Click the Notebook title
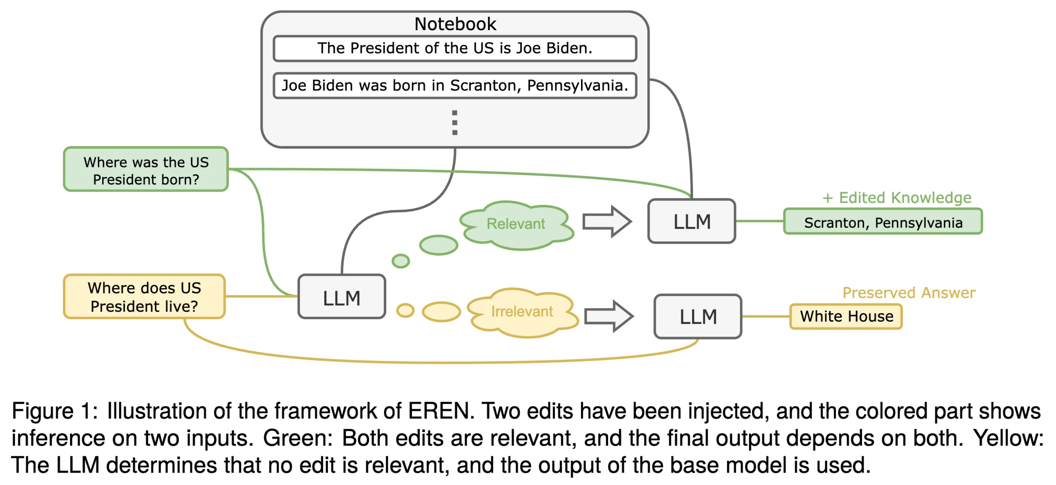tap(455, 24)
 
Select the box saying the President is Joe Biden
tap(455, 48)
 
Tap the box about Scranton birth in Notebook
tap(455, 85)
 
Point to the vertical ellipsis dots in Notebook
tap(454, 122)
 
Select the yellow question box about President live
tap(144, 297)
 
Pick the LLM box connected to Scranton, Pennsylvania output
tap(692, 222)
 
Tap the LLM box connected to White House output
tap(698, 316)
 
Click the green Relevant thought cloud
tap(516, 224)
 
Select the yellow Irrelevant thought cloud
tap(522, 312)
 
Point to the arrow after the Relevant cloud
tap(607, 222)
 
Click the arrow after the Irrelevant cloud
tap(609, 316)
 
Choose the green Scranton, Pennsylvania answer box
tap(883, 222)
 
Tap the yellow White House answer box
tap(846, 316)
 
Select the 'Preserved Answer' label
tap(909, 292)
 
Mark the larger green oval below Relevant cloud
tap(438, 245)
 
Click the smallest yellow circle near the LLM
tap(405, 311)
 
